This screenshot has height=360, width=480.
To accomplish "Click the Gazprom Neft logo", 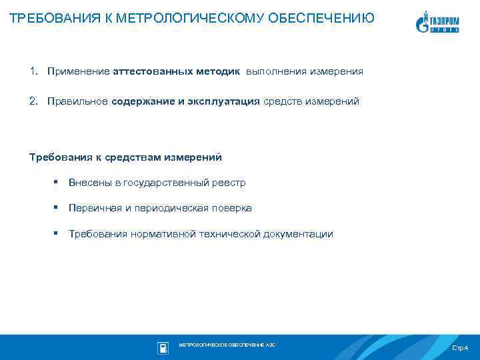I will (441, 22).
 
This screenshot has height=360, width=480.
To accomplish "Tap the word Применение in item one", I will (79, 71).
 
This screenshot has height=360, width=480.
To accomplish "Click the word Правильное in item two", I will (78, 101).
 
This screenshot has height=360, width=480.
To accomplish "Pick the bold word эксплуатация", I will (226, 101).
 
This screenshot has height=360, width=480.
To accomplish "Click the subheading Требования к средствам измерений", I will (125, 157).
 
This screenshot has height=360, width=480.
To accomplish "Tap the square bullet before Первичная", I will (57, 208).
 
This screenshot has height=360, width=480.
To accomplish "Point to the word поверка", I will (232, 208).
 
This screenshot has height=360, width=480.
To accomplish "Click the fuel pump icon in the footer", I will (162, 347).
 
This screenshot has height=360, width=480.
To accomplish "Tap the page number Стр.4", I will (460, 348).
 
